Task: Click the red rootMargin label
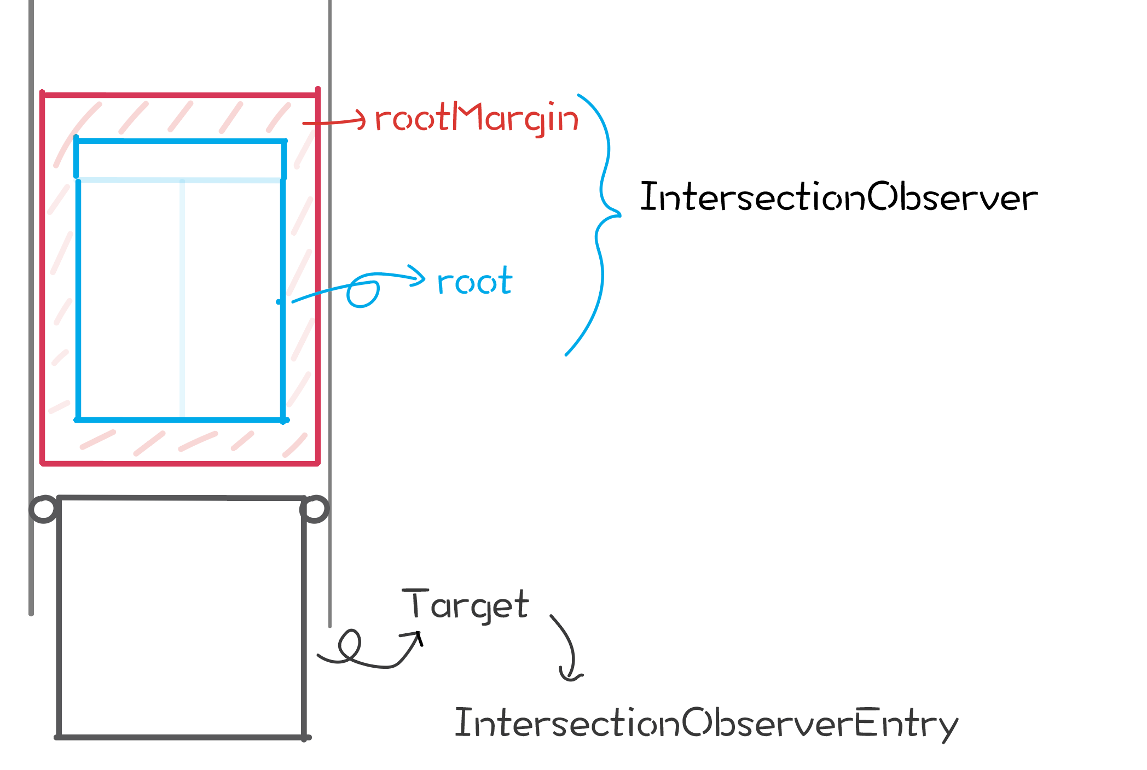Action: pyautogui.click(x=476, y=119)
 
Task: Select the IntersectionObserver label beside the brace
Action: pyautogui.click(x=838, y=197)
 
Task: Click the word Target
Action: pyautogui.click(x=465, y=605)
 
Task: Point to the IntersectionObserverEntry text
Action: pyautogui.click(x=706, y=723)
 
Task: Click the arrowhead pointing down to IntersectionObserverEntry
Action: pyautogui.click(x=570, y=677)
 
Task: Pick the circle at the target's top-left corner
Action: pyautogui.click(x=44, y=509)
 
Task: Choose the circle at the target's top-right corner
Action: pyautogui.click(x=315, y=509)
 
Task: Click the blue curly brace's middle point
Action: pyautogui.click(x=618, y=214)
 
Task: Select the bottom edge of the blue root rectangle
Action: pyautogui.click(x=181, y=420)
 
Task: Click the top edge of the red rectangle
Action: pyautogui.click(x=181, y=96)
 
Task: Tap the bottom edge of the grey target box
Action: pyautogui.click(x=181, y=737)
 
